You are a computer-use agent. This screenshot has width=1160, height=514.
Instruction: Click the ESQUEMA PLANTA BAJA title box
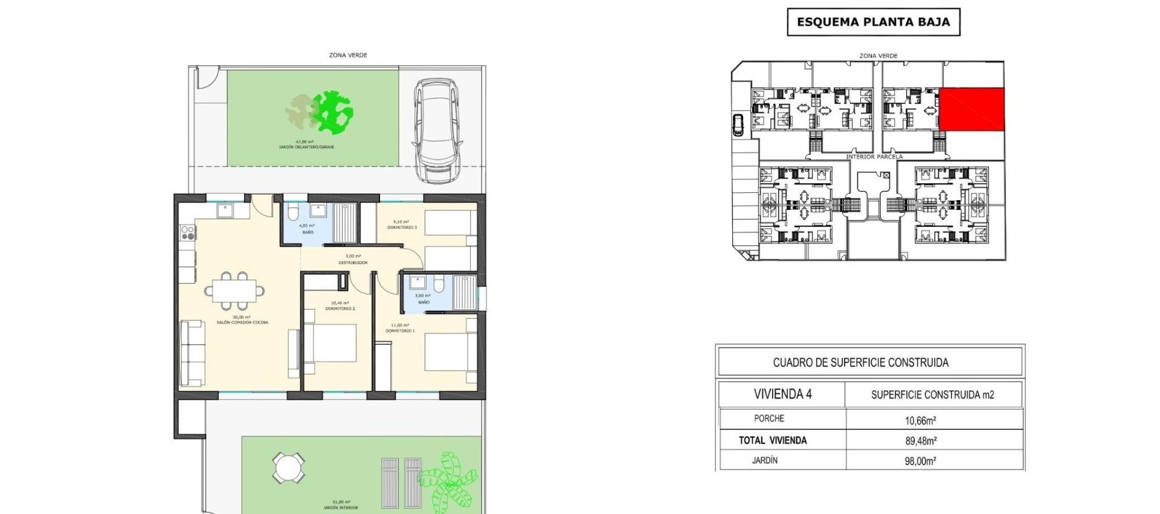873,22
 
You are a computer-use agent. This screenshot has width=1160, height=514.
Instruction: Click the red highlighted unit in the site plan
971,109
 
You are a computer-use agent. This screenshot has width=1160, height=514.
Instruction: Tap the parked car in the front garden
437,130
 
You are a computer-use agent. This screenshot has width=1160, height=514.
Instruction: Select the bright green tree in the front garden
333,112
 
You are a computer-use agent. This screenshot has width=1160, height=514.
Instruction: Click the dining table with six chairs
234,291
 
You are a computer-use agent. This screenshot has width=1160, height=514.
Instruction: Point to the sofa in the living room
192,353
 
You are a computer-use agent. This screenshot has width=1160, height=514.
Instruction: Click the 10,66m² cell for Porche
920,420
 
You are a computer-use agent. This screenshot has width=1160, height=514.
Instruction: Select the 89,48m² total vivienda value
920,441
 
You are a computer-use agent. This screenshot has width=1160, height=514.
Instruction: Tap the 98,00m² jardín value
920,461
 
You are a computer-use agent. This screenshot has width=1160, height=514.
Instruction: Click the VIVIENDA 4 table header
782,394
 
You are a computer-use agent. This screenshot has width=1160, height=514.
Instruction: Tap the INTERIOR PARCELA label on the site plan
874,157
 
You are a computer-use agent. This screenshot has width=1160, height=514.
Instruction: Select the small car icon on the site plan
738,125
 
